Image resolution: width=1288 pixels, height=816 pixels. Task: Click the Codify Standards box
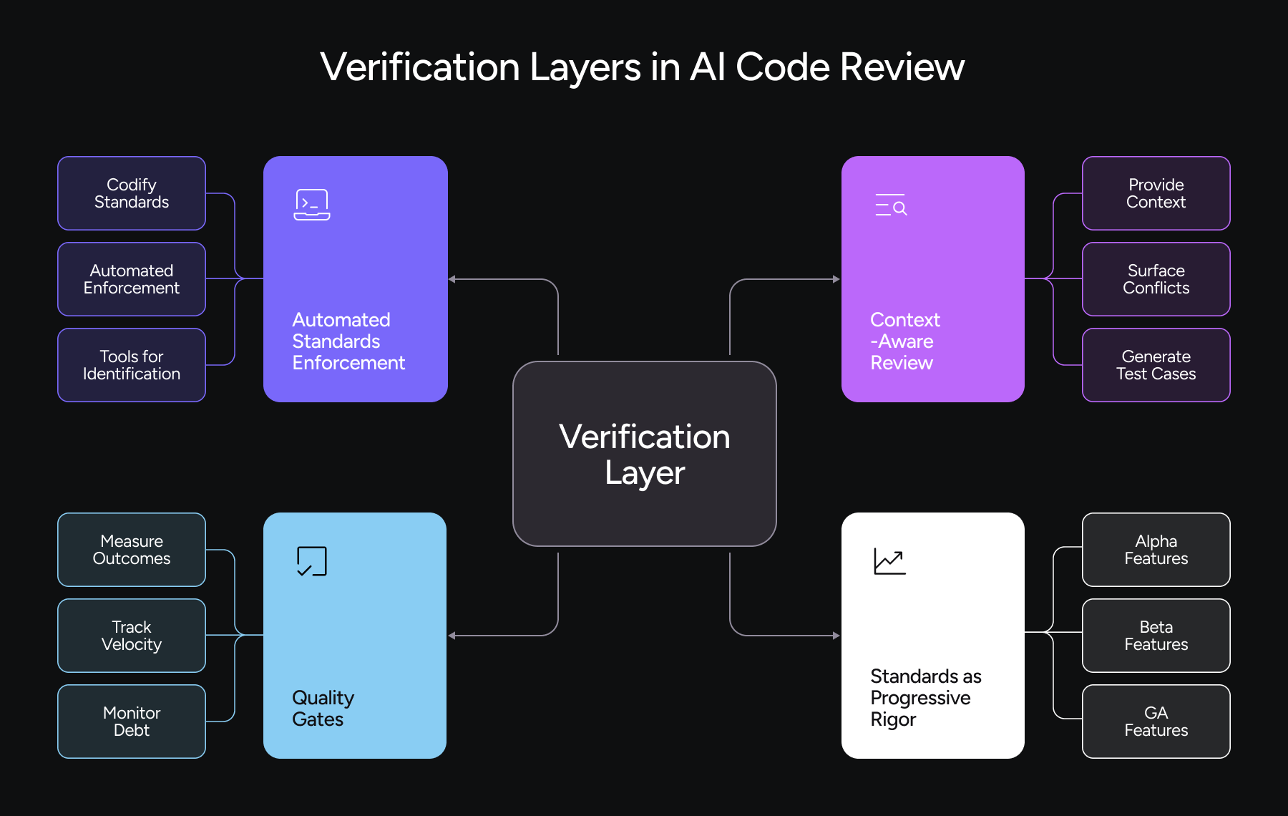(132, 193)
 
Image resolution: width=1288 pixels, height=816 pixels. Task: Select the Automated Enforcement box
(132, 279)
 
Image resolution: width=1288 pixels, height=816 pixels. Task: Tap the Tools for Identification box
(132, 365)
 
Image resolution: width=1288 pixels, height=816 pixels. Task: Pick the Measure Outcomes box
(132, 550)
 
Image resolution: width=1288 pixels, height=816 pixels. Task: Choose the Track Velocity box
(132, 636)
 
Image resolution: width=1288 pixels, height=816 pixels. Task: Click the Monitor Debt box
(132, 722)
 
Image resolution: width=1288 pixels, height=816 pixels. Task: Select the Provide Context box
(1156, 193)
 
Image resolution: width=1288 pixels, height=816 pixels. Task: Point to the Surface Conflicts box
(1156, 279)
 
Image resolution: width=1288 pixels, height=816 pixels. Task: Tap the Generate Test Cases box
(1156, 365)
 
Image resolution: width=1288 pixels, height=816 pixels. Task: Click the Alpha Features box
(1156, 550)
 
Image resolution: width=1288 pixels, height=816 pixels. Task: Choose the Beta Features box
(1156, 636)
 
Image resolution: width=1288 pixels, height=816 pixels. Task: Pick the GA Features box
(1156, 722)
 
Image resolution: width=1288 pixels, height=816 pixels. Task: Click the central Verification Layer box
(644, 454)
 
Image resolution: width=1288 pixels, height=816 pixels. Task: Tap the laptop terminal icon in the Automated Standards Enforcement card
(312, 205)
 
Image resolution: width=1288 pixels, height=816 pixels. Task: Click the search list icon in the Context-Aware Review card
(891, 205)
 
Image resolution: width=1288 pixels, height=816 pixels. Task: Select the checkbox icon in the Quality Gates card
(312, 561)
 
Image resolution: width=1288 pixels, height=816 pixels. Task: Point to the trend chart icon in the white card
(889, 561)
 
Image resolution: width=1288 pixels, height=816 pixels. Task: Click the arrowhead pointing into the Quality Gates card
(452, 636)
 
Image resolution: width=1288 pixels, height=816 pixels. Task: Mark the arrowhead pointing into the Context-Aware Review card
(836, 279)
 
